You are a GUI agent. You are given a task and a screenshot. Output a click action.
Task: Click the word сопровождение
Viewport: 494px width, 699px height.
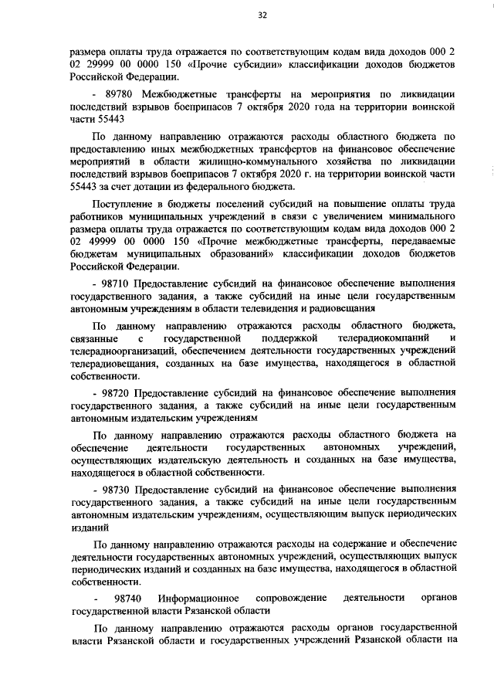tap(283, 597)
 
